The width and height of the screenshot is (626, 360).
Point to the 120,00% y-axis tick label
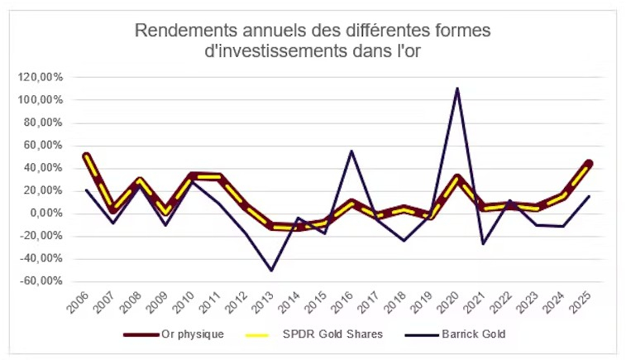41,77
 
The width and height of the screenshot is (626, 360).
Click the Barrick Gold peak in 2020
457,88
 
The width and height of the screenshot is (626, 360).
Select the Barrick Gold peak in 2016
351,151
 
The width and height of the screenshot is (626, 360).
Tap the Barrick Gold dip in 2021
484,244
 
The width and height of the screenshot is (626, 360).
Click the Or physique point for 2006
87,156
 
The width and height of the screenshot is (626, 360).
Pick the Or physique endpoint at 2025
589,163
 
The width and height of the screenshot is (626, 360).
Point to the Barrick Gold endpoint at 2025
589,196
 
